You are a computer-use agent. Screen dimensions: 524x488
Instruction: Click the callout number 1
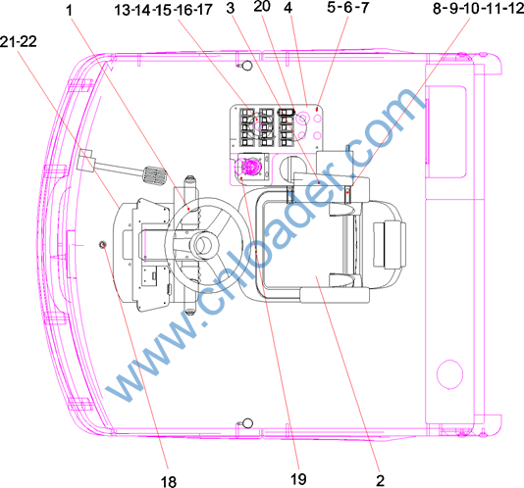pyautogui.click(x=69, y=10)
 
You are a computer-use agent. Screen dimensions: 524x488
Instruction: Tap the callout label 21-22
pyautogui.click(x=19, y=42)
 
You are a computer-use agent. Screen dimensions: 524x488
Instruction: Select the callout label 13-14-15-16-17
pyautogui.click(x=163, y=10)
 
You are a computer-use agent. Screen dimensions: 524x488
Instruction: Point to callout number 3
pyautogui.click(x=231, y=9)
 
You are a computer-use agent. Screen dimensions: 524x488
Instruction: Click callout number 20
pyautogui.click(x=262, y=6)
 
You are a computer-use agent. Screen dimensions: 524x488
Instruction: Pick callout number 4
pyautogui.click(x=288, y=7)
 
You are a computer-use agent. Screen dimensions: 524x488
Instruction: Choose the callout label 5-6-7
pyautogui.click(x=348, y=7)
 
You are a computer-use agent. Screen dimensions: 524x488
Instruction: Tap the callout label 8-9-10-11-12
pyautogui.click(x=478, y=9)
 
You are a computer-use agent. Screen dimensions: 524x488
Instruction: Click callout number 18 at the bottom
pyautogui.click(x=169, y=482)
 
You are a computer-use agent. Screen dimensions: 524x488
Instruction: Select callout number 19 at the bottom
pyautogui.click(x=298, y=479)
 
